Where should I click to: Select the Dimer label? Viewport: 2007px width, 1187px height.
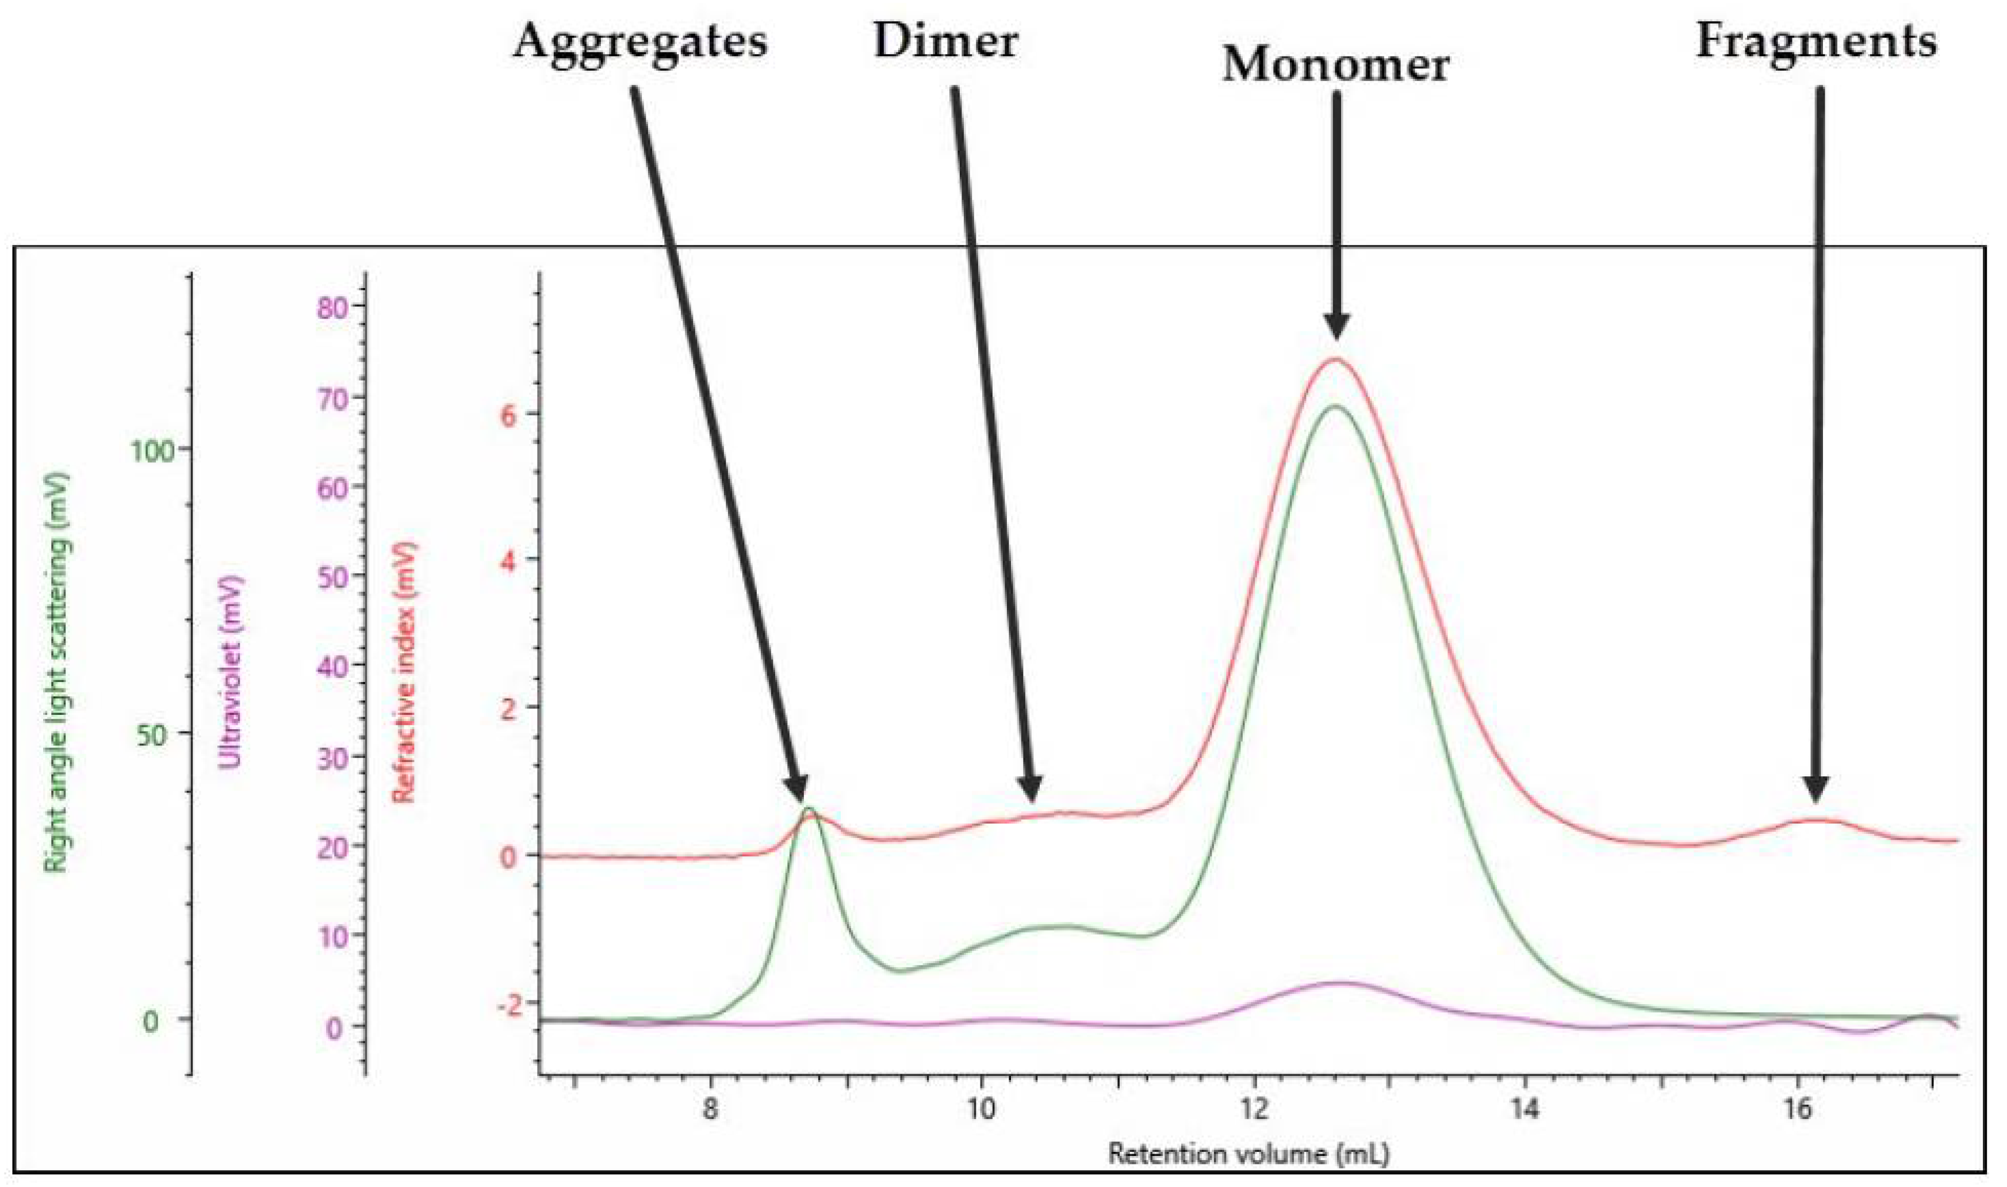pos(946,40)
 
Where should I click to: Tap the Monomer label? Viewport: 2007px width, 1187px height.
pos(1335,64)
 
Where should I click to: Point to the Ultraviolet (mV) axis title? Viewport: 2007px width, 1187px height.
pos(231,672)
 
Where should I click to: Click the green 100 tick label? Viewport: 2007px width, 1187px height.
pos(152,451)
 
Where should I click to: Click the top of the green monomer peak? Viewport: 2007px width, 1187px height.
pos(1335,407)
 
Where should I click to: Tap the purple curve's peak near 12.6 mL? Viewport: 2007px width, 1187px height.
pos(1343,983)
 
